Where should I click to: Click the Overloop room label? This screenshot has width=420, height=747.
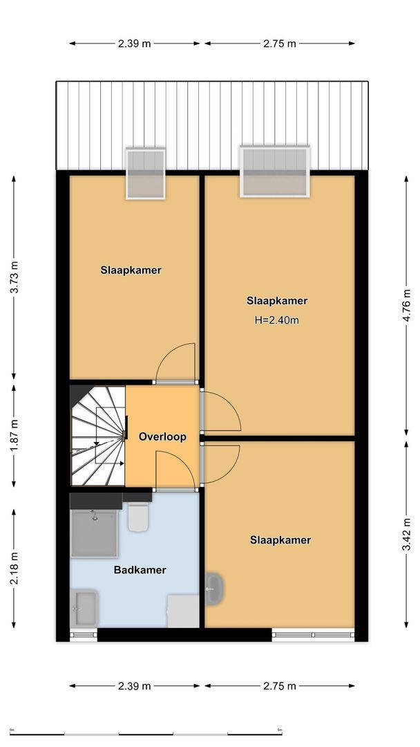tap(162, 437)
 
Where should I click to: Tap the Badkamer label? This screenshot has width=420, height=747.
tap(140, 570)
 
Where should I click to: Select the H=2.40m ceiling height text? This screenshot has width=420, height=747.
tap(277, 320)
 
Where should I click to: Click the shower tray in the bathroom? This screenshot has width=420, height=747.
tap(94, 533)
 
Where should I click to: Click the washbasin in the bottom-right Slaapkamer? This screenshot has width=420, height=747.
tap(213, 589)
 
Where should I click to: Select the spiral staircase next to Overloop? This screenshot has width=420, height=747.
tap(97, 436)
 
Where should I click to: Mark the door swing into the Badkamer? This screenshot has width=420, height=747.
tap(174, 470)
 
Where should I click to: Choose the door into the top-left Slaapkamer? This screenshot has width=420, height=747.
tap(175, 364)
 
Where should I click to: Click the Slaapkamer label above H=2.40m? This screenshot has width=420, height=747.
tap(277, 301)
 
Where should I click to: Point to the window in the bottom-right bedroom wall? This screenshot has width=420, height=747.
tap(313, 634)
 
